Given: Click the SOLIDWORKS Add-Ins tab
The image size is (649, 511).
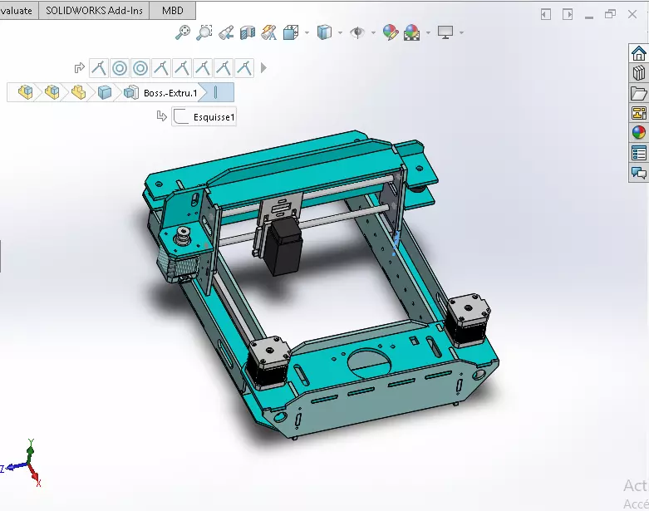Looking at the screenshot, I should click(93, 11).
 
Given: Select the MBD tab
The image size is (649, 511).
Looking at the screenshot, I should click(173, 11).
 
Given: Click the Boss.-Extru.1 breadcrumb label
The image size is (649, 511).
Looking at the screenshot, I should click(170, 93).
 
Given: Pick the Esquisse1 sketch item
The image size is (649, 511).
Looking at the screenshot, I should click(214, 118).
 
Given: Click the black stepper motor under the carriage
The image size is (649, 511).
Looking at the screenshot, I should click(283, 247).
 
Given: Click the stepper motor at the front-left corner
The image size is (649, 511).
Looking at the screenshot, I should click(268, 362).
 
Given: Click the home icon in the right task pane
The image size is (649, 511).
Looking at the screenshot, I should click(638, 54).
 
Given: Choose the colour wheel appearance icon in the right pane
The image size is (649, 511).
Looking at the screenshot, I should click(638, 132).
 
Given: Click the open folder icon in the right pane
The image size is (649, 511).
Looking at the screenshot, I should click(638, 93).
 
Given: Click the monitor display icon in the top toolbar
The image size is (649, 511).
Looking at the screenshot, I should click(445, 32).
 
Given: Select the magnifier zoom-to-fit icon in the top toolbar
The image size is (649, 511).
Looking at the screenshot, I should click(183, 32).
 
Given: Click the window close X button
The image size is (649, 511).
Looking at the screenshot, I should click(635, 13).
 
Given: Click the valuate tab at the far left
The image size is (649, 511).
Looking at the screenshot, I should click(17, 11).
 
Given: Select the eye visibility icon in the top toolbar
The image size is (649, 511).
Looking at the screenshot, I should click(358, 32).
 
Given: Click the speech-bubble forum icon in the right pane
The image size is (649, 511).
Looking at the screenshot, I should click(638, 173).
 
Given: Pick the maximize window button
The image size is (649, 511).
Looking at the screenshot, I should click(611, 13).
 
